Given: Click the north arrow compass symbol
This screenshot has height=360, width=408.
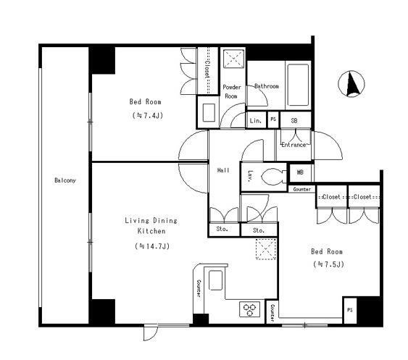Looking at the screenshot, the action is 351,84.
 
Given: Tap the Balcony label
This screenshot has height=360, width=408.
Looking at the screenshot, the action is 65,180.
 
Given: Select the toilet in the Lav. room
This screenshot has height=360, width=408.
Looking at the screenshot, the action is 273,176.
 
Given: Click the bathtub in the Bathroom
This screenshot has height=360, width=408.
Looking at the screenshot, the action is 298,85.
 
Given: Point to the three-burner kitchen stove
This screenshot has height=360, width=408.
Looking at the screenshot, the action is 249,309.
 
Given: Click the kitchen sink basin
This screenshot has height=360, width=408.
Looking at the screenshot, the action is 215,280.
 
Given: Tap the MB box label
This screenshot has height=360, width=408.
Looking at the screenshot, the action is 300,172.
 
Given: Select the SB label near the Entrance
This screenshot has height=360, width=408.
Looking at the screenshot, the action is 294,121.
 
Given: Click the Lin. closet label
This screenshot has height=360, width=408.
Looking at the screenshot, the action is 256,121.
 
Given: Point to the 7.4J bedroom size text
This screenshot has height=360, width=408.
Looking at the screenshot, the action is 148,115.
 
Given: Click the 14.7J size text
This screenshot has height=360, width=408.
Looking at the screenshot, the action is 152,246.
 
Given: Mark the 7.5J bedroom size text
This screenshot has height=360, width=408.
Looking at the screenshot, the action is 328,264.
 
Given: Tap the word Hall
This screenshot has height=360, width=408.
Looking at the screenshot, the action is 223,170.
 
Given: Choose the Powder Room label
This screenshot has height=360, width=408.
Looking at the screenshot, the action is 232,91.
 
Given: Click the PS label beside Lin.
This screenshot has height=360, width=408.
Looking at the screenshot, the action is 273,120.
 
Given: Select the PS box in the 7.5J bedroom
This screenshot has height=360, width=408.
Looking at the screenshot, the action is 350,310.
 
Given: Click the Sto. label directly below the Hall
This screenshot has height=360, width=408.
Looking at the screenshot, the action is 222,229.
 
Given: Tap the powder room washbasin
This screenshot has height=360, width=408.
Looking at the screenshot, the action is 209,112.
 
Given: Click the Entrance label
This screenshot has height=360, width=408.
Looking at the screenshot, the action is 293,145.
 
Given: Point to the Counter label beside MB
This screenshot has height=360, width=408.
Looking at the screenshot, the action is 302,189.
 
